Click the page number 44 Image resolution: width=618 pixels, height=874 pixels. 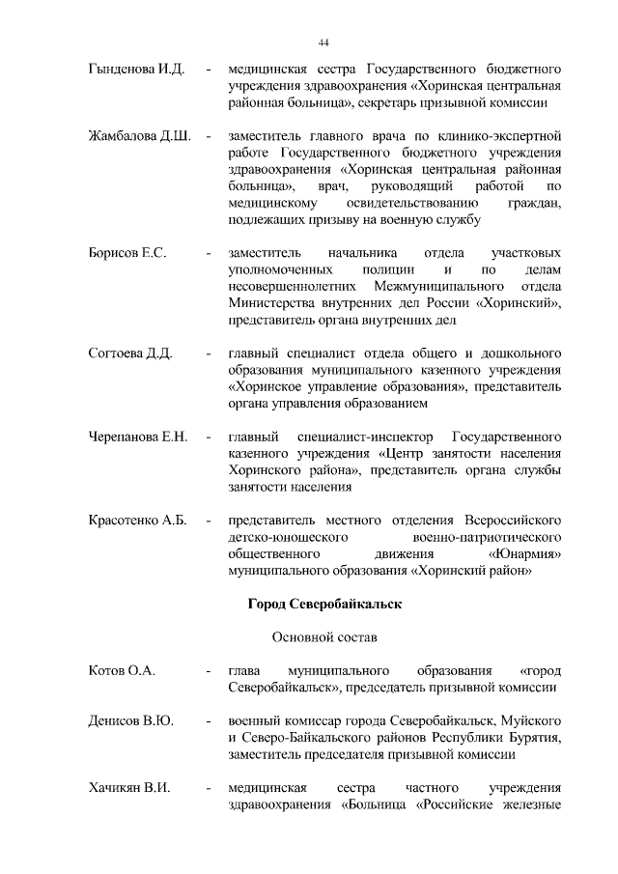coord(323,42)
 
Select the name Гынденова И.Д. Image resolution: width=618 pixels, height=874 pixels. coord(130,71)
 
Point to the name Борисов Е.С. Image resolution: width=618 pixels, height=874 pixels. coord(126,253)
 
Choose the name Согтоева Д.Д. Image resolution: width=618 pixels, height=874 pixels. coord(129,353)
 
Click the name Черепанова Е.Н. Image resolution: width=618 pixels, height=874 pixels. coord(136,437)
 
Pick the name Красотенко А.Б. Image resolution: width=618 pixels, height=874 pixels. coord(136,522)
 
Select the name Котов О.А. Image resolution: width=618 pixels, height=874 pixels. coord(122,670)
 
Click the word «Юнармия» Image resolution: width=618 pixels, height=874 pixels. coord(526,555)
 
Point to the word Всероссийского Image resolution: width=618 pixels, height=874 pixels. coord(512,522)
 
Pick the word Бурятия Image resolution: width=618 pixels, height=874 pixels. coord(538,738)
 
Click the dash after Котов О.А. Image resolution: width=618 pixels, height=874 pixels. coord(209,670)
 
